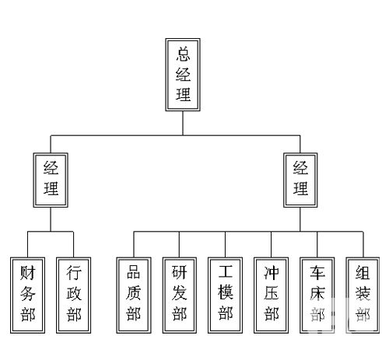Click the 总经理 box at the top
click(x=183, y=75)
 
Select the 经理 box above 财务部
click(x=51, y=180)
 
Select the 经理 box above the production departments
click(x=300, y=180)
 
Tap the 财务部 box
click(x=27, y=295)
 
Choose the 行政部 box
click(x=74, y=295)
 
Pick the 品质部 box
click(x=134, y=295)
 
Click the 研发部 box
click(x=180, y=295)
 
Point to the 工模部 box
click(x=225, y=295)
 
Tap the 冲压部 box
click(x=272, y=295)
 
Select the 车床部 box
click(x=317, y=295)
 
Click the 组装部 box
click(x=363, y=295)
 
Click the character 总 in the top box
click(x=183, y=54)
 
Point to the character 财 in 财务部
click(x=28, y=273)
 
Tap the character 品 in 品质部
click(x=134, y=272)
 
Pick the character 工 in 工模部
click(x=226, y=271)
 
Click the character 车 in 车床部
click(x=317, y=273)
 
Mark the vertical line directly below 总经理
click(x=183, y=123)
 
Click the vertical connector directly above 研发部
click(x=180, y=244)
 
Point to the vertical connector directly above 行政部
click(x=74, y=244)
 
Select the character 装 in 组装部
click(x=363, y=293)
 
